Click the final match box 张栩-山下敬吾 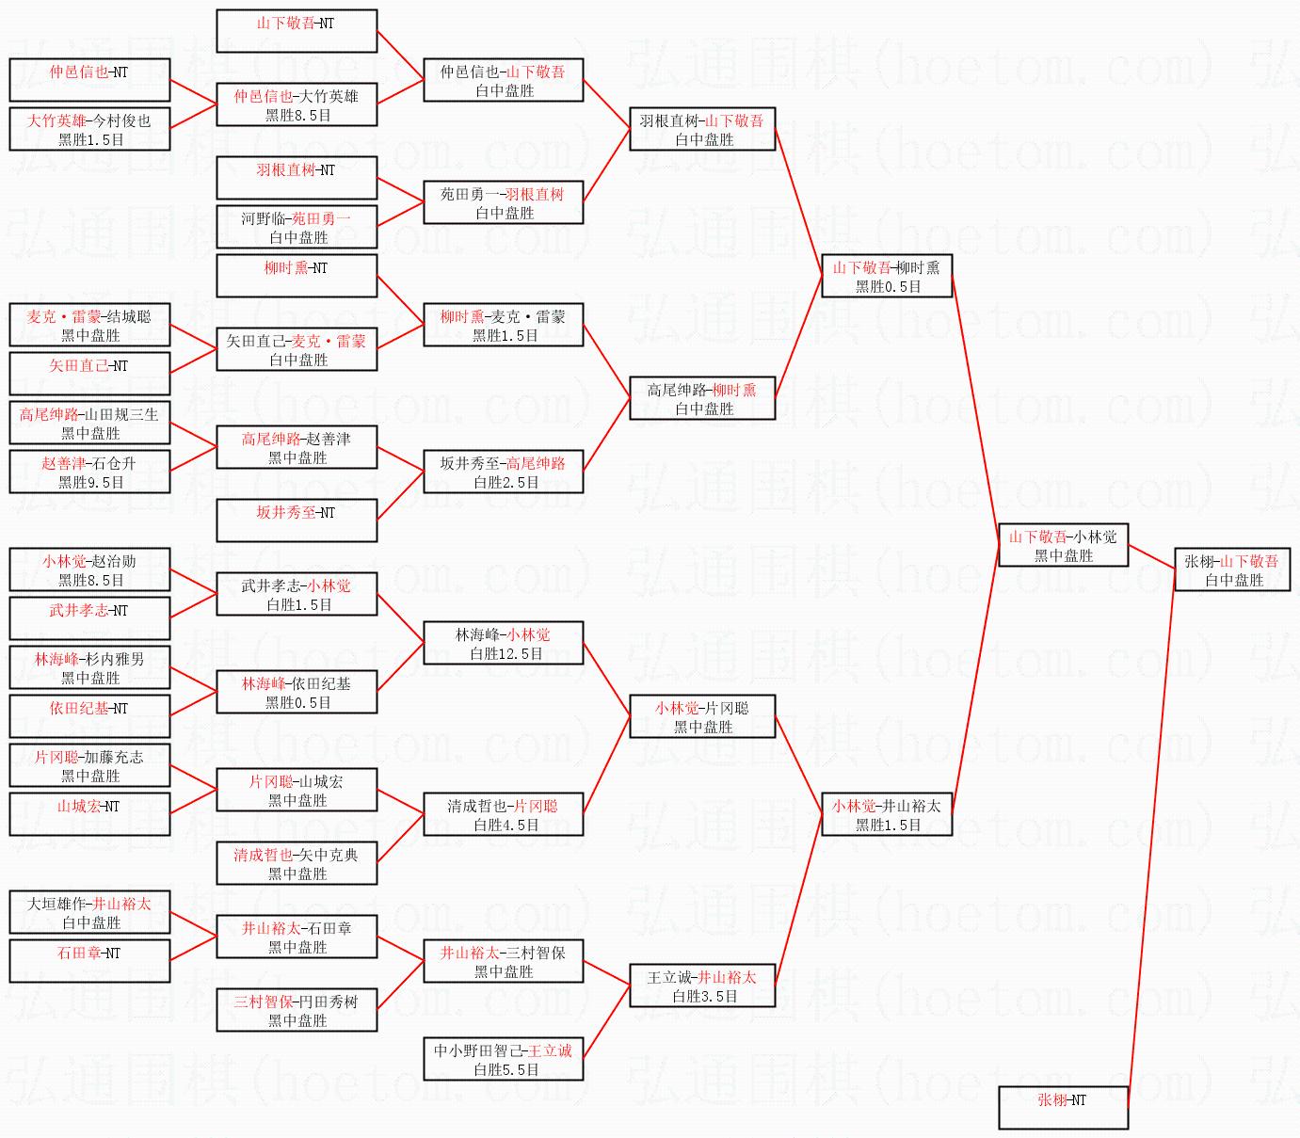click(1231, 570)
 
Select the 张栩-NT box click(1063, 1107)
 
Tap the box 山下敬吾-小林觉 click(1063, 545)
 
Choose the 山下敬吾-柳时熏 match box click(886, 276)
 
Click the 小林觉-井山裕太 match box click(886, 814)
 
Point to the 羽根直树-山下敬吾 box click(702, 129)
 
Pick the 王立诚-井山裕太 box click(702, 986)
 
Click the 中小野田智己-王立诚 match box click(503, 1059)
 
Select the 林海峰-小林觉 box click(503, 643)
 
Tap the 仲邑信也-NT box click(89, 80)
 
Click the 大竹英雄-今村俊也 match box click(89, 129)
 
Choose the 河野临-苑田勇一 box click(297, 227)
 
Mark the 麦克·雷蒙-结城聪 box click(89, 325)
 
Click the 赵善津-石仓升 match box click(89, 472)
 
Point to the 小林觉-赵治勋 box click(89, 569)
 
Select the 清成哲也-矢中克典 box click(297, 863)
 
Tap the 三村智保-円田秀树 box click(297, 1010)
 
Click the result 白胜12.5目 click(506, 653)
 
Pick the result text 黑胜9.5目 click(91, 482)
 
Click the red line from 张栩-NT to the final click(1150, 838)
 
